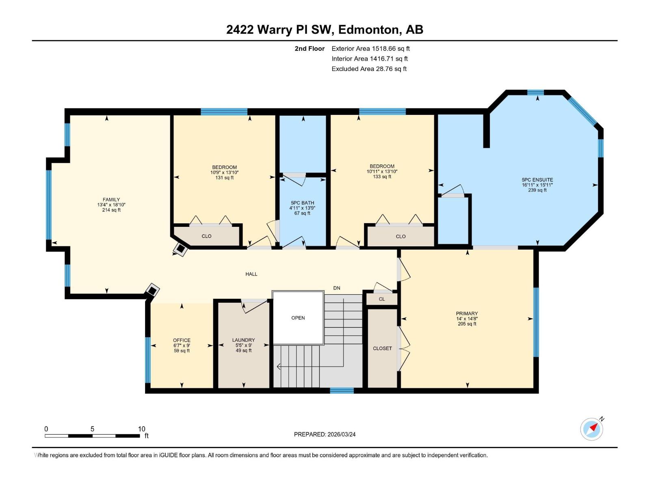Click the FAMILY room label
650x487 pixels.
pyautogui.click(x=111, y=200)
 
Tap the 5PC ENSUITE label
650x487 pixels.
pyautogui.click(x=537, y=180)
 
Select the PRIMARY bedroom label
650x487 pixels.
pyautogui.click(x=467, y=313)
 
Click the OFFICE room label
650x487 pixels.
pyautogui.click(x=182, y=340)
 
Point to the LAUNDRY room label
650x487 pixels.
pyautogui.click(x=243, y=340)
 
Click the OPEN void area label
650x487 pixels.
pyautogui.click(x=298, y=318)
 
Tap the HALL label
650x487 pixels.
pyautogui.click(x=251, y=274)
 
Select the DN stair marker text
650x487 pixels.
pyautogui.click(x=336, y=288)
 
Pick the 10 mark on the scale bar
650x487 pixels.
pyautogui.click(x=141, y=429)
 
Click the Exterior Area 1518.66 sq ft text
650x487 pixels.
pyautogui.click(x=370, y=49)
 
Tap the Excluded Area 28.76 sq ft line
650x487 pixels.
pyautogui.click(x=369, y=69)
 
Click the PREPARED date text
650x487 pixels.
pyautogui.click(x=325, y=434)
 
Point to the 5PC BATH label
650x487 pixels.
pyautogui.click(x=302, y=203)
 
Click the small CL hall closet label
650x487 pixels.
pyautogui.click(x=381, y=299)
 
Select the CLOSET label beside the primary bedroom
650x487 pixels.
pyautogui.click(x=382, y=348)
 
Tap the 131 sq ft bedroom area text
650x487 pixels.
pyautogui.click(x=224, y=178)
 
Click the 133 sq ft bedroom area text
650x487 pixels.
pyautogui.click(x=382, y=177)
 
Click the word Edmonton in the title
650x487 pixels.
pyautogui.click(x=368, y=30)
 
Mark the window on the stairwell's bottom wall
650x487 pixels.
pyautogui.click(x=342, y=390)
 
